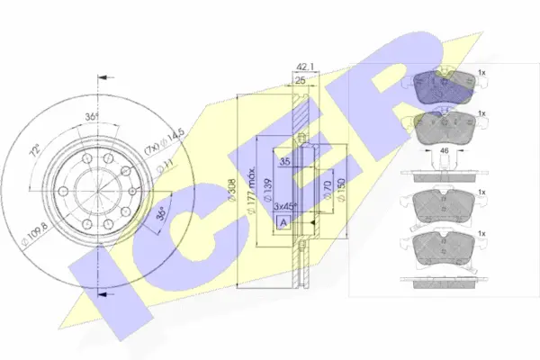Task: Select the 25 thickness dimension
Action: click(x=300, y=81)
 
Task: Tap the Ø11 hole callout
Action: click(x=166, y=165)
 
